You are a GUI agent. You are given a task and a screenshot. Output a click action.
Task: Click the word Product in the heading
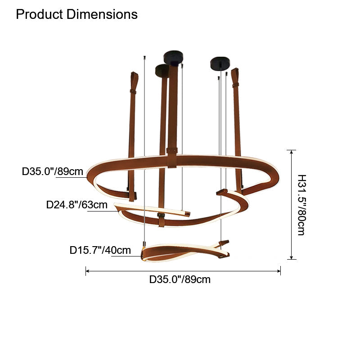click(39, 14)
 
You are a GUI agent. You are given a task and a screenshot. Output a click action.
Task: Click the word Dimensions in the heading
click(102, 14)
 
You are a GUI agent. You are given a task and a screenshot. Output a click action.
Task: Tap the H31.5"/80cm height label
click(301, 205)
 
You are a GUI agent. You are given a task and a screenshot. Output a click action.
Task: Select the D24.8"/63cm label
click(76, 205)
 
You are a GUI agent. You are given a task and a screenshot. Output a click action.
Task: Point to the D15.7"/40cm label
click(100, 250)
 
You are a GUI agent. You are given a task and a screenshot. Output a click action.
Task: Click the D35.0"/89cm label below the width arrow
click(180, 279)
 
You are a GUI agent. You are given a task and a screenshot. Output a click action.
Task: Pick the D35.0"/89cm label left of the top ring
click(52, 171)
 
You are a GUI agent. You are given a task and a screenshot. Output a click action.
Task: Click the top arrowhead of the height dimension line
click(291, 152)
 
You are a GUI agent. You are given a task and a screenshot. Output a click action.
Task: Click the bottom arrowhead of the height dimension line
click(291, 257)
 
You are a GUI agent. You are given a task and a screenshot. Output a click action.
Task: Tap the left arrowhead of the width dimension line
click(87, 271)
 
